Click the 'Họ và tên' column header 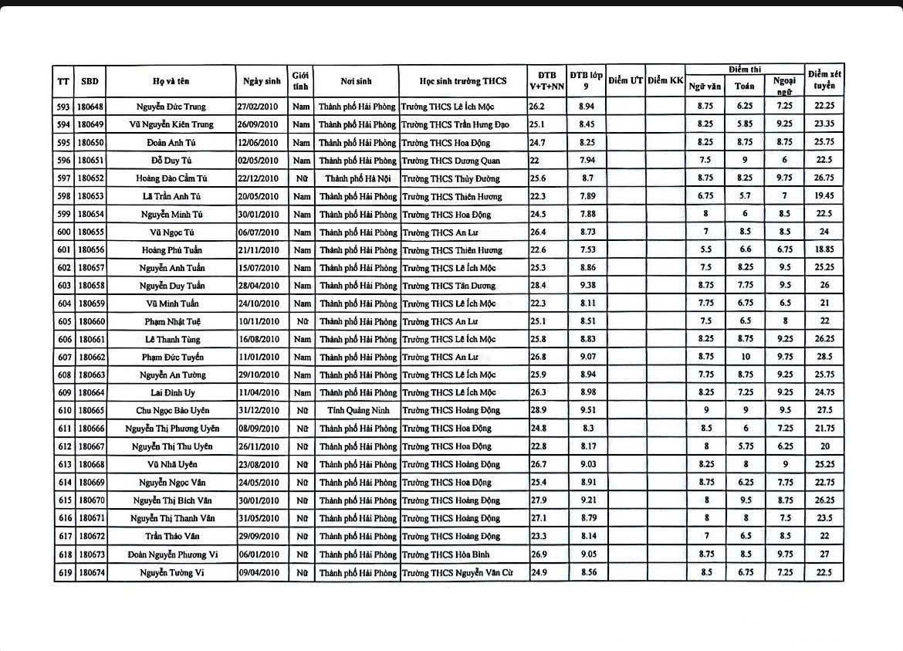click(171, 81)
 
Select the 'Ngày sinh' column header click(262, 81)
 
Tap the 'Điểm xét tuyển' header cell click(824, 80)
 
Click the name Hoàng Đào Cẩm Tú click(171, 178)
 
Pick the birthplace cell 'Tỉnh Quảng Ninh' click(356, 411)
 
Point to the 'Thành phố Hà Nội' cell click(356, 178)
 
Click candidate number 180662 click(91, 358)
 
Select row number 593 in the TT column click(63, 107)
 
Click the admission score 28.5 click(824, 357)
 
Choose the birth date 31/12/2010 click(262, 411)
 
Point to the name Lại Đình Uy click(171, 393)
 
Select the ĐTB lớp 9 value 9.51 click(586, 411)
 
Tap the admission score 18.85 click(824, 249)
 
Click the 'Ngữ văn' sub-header click(705, 86)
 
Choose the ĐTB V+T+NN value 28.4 click(537, 286)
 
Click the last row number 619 click(63, 572)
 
